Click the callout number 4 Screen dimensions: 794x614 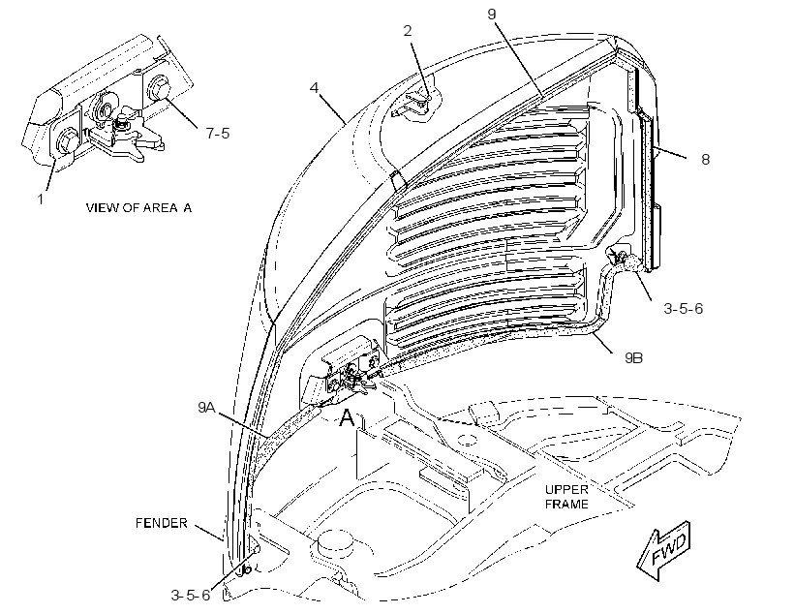(314, 87)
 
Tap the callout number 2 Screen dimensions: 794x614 (408, 31)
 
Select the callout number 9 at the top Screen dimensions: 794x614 (492, 15)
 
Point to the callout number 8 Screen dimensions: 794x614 (705, 160)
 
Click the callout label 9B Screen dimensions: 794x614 (633, 357)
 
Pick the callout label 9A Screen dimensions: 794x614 (206, 407)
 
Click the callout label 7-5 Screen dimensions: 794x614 (218, 134)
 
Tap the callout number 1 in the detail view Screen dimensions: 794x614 (41, 200)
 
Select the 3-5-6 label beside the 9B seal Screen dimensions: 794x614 (684, 309)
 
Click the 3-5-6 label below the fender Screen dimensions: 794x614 (191, 596)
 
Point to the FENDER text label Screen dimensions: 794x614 (162, 523)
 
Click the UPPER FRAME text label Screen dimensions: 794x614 (566, 497)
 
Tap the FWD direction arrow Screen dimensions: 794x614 (664, 550)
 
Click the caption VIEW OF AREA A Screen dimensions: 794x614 (138, 207)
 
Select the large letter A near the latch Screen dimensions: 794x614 (347, 418)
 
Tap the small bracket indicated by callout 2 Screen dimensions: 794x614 (415, 104)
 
